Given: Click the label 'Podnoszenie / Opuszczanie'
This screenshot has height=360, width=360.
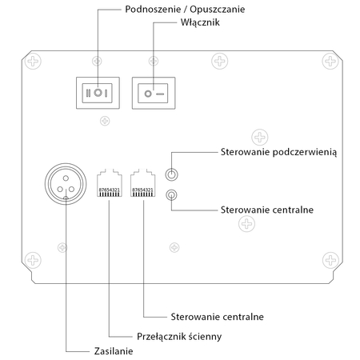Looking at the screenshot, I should pyautogui.click(x=174, y=9).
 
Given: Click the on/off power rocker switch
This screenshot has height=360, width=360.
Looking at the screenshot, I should pyautogui.click(x=154, y=93).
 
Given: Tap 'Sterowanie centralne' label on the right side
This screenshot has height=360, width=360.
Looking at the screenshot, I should pyautogui.click(x=266, y=210).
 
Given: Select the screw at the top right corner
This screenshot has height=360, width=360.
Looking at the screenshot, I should pyautogui.click(x=328, y=60).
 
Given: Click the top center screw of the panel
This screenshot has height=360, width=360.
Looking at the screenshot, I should pyautogui.click(x=218, y=61).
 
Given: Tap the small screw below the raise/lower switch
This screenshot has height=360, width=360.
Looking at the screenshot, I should pyautogui.click(x=103, y=122).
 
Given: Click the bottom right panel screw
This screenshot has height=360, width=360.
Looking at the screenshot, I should pyautogui.click(x=328, y=259).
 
